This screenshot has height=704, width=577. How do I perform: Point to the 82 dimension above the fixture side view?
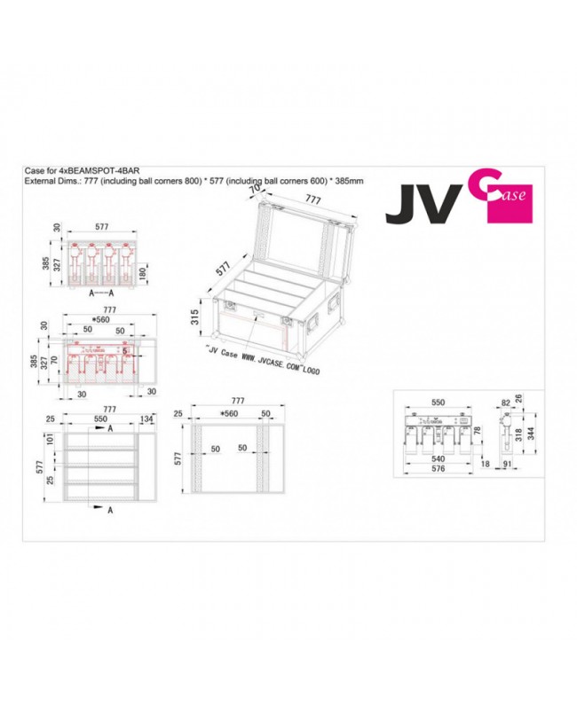pos(506,402)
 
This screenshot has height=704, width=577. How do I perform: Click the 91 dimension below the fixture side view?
pos(507,464)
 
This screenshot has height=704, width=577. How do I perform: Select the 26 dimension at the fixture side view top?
pos(531,398)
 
